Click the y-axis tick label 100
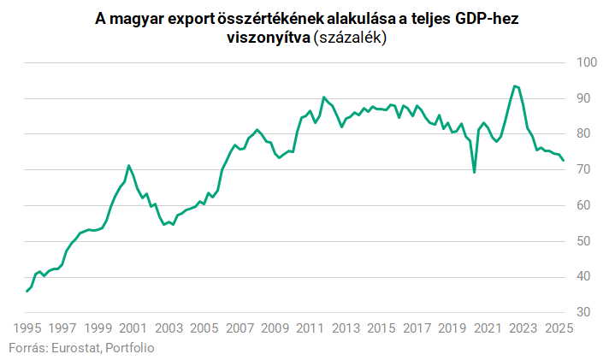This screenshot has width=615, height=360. click(586, 62)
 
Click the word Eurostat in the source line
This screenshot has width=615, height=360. click(77, 347)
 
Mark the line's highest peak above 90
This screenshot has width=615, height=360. click(514, 86)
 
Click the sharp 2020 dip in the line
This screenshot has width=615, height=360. click(474, 172)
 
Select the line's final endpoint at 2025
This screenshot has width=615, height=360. click(564, 160)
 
